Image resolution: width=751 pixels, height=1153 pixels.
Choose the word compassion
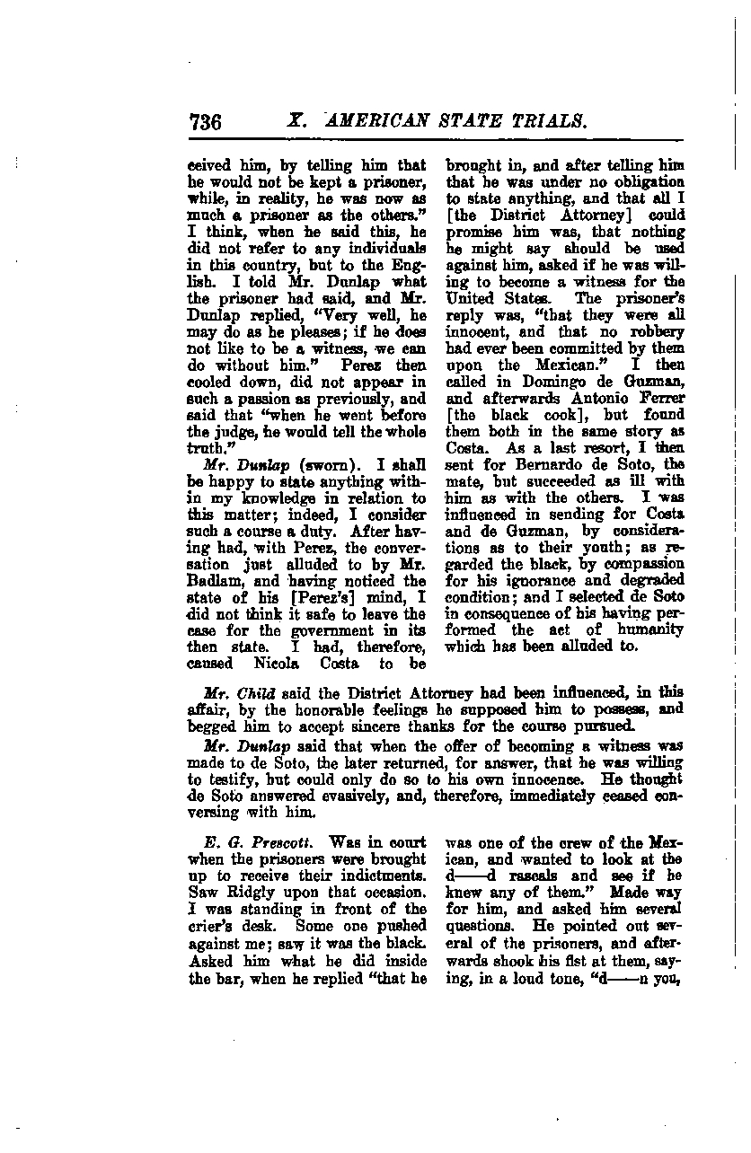pos(639,564)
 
